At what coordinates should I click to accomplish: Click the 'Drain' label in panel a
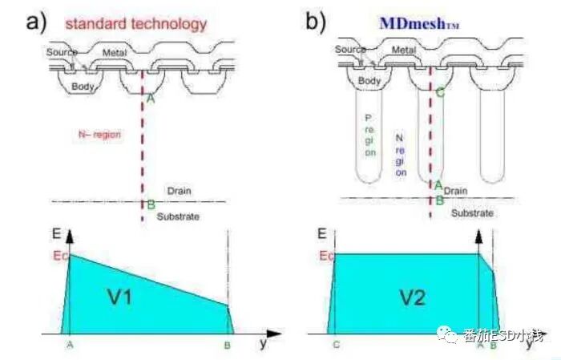coord(178,191)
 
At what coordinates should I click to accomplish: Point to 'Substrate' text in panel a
coord(178,216)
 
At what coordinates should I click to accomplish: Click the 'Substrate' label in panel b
coord(472,212)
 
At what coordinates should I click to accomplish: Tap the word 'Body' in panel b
coord(370,81)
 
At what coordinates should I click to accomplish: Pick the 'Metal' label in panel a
coord(115,52)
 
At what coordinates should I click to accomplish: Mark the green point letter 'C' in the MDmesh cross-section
coord(440,93)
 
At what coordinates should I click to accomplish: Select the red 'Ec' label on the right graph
coord(326,256)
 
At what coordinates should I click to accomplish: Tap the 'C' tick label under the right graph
coord(336,345)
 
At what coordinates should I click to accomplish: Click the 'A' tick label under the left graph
coord(69,345)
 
